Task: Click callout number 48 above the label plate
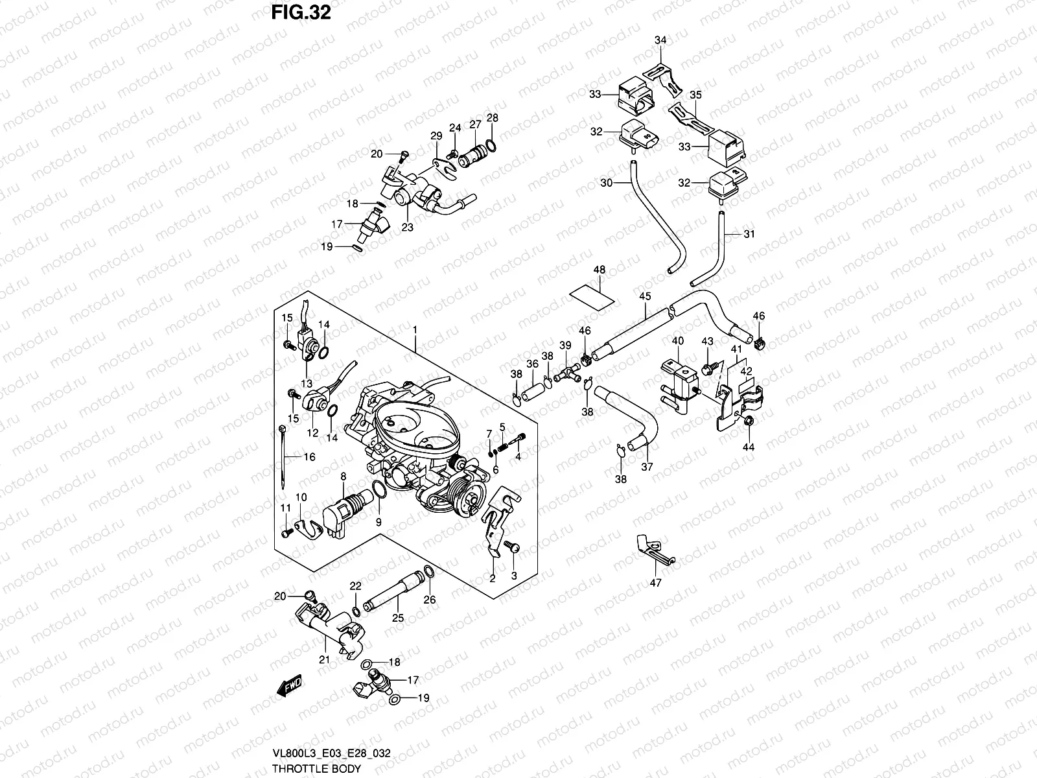(x=599, y=269)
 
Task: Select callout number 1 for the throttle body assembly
(x=415, y=331)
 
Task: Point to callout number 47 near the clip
(x=655, y=583)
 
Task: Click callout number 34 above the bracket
(x=660, y=41)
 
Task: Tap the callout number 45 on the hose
(x=644, y=296)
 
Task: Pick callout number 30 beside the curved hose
(x=606, y=183)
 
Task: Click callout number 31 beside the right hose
(x=749, y=234)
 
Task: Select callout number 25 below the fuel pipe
(x=398, y=618)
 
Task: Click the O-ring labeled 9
(x=380, y=492)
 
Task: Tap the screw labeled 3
(x=509, y=548)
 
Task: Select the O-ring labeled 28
(x=493, y=143)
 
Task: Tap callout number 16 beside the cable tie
(x=309, y=457)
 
